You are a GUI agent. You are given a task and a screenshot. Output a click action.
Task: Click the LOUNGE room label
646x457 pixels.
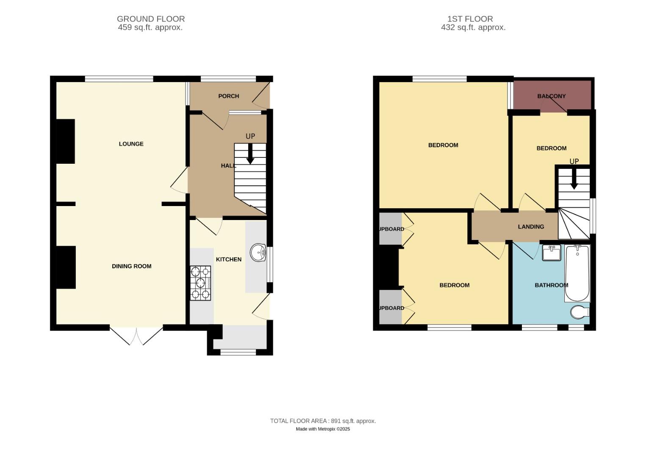pyautogui.click(x=131, y=144)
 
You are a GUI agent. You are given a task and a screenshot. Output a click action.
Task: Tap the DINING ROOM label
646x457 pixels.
pyautogui.click(x=131, y=266)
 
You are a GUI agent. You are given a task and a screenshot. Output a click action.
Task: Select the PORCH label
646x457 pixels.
pyautogui.click(x=228, y=96)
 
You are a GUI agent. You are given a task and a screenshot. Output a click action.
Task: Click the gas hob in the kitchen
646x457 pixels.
pyautogui.click(x=200, y=283)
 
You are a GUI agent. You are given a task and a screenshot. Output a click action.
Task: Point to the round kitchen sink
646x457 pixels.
pyautogui.click(x=258, y=253)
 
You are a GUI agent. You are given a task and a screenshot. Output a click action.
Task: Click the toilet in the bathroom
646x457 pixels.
pyautogui.click(x=579, y=312)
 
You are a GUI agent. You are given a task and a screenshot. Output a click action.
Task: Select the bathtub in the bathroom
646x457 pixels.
pyautogui.click(x=577, y=273)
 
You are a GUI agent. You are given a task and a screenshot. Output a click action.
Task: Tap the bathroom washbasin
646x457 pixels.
pyautogui.click(x=551, y=253)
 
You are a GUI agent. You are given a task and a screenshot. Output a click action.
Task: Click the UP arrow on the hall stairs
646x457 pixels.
pyautogui.click(x=250, y=154)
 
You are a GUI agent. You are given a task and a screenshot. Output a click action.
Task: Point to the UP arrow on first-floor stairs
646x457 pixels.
pyautogui.click(x=574, y=179)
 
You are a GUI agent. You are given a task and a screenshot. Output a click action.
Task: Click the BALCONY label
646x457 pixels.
pyautogui.click(x=551, y=96)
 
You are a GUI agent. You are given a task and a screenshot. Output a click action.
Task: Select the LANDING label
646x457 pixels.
pyautogui.click(x=531, y=227)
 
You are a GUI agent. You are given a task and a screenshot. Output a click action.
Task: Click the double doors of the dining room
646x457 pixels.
pyautogui.click(x=136, y=334)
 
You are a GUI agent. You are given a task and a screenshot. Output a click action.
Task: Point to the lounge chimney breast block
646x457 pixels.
pyautogui.click(x=66, y=141)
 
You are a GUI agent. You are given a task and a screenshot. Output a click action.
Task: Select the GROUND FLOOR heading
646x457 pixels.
pyautogui.click(x=150, y=19)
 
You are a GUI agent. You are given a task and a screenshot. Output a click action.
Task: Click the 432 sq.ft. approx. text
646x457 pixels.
pyautogui.click(x=473, y=28)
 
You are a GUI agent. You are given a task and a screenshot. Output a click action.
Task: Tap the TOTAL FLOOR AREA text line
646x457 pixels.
pyautogui.click(x=323, y=421)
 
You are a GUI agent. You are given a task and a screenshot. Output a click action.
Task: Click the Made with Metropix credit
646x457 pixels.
pyautogui.click(x=323, y=429)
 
